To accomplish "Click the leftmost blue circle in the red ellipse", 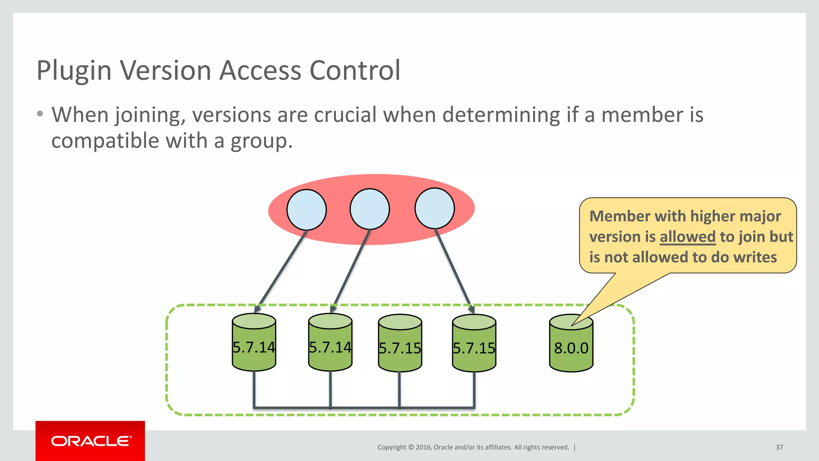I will click(306, 210).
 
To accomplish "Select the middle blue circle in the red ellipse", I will click(370, 209).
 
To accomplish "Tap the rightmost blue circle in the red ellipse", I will click(435, 208).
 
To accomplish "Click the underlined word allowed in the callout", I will click(687, 237).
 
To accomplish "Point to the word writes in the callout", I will click(755, 257).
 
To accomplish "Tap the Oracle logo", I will click(91, 441).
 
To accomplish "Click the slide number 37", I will click(779, 447).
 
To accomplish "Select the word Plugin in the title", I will click(74, 71).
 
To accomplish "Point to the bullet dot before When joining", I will click(40, 114).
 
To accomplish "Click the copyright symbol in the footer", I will click(411, 447).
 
